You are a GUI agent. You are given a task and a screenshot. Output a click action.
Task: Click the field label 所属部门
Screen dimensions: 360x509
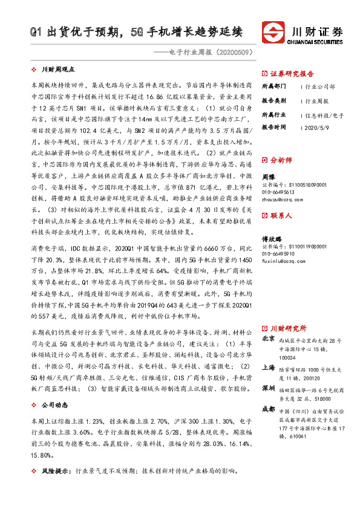(x=273, y=86)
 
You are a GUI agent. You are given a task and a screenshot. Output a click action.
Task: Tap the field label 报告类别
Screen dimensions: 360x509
(x=273, y=100)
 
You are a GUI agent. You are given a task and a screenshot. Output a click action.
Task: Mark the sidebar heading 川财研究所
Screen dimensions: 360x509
(x=289, y=328)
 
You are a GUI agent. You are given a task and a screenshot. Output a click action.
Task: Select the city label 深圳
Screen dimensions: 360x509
(x=269, y=387)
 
